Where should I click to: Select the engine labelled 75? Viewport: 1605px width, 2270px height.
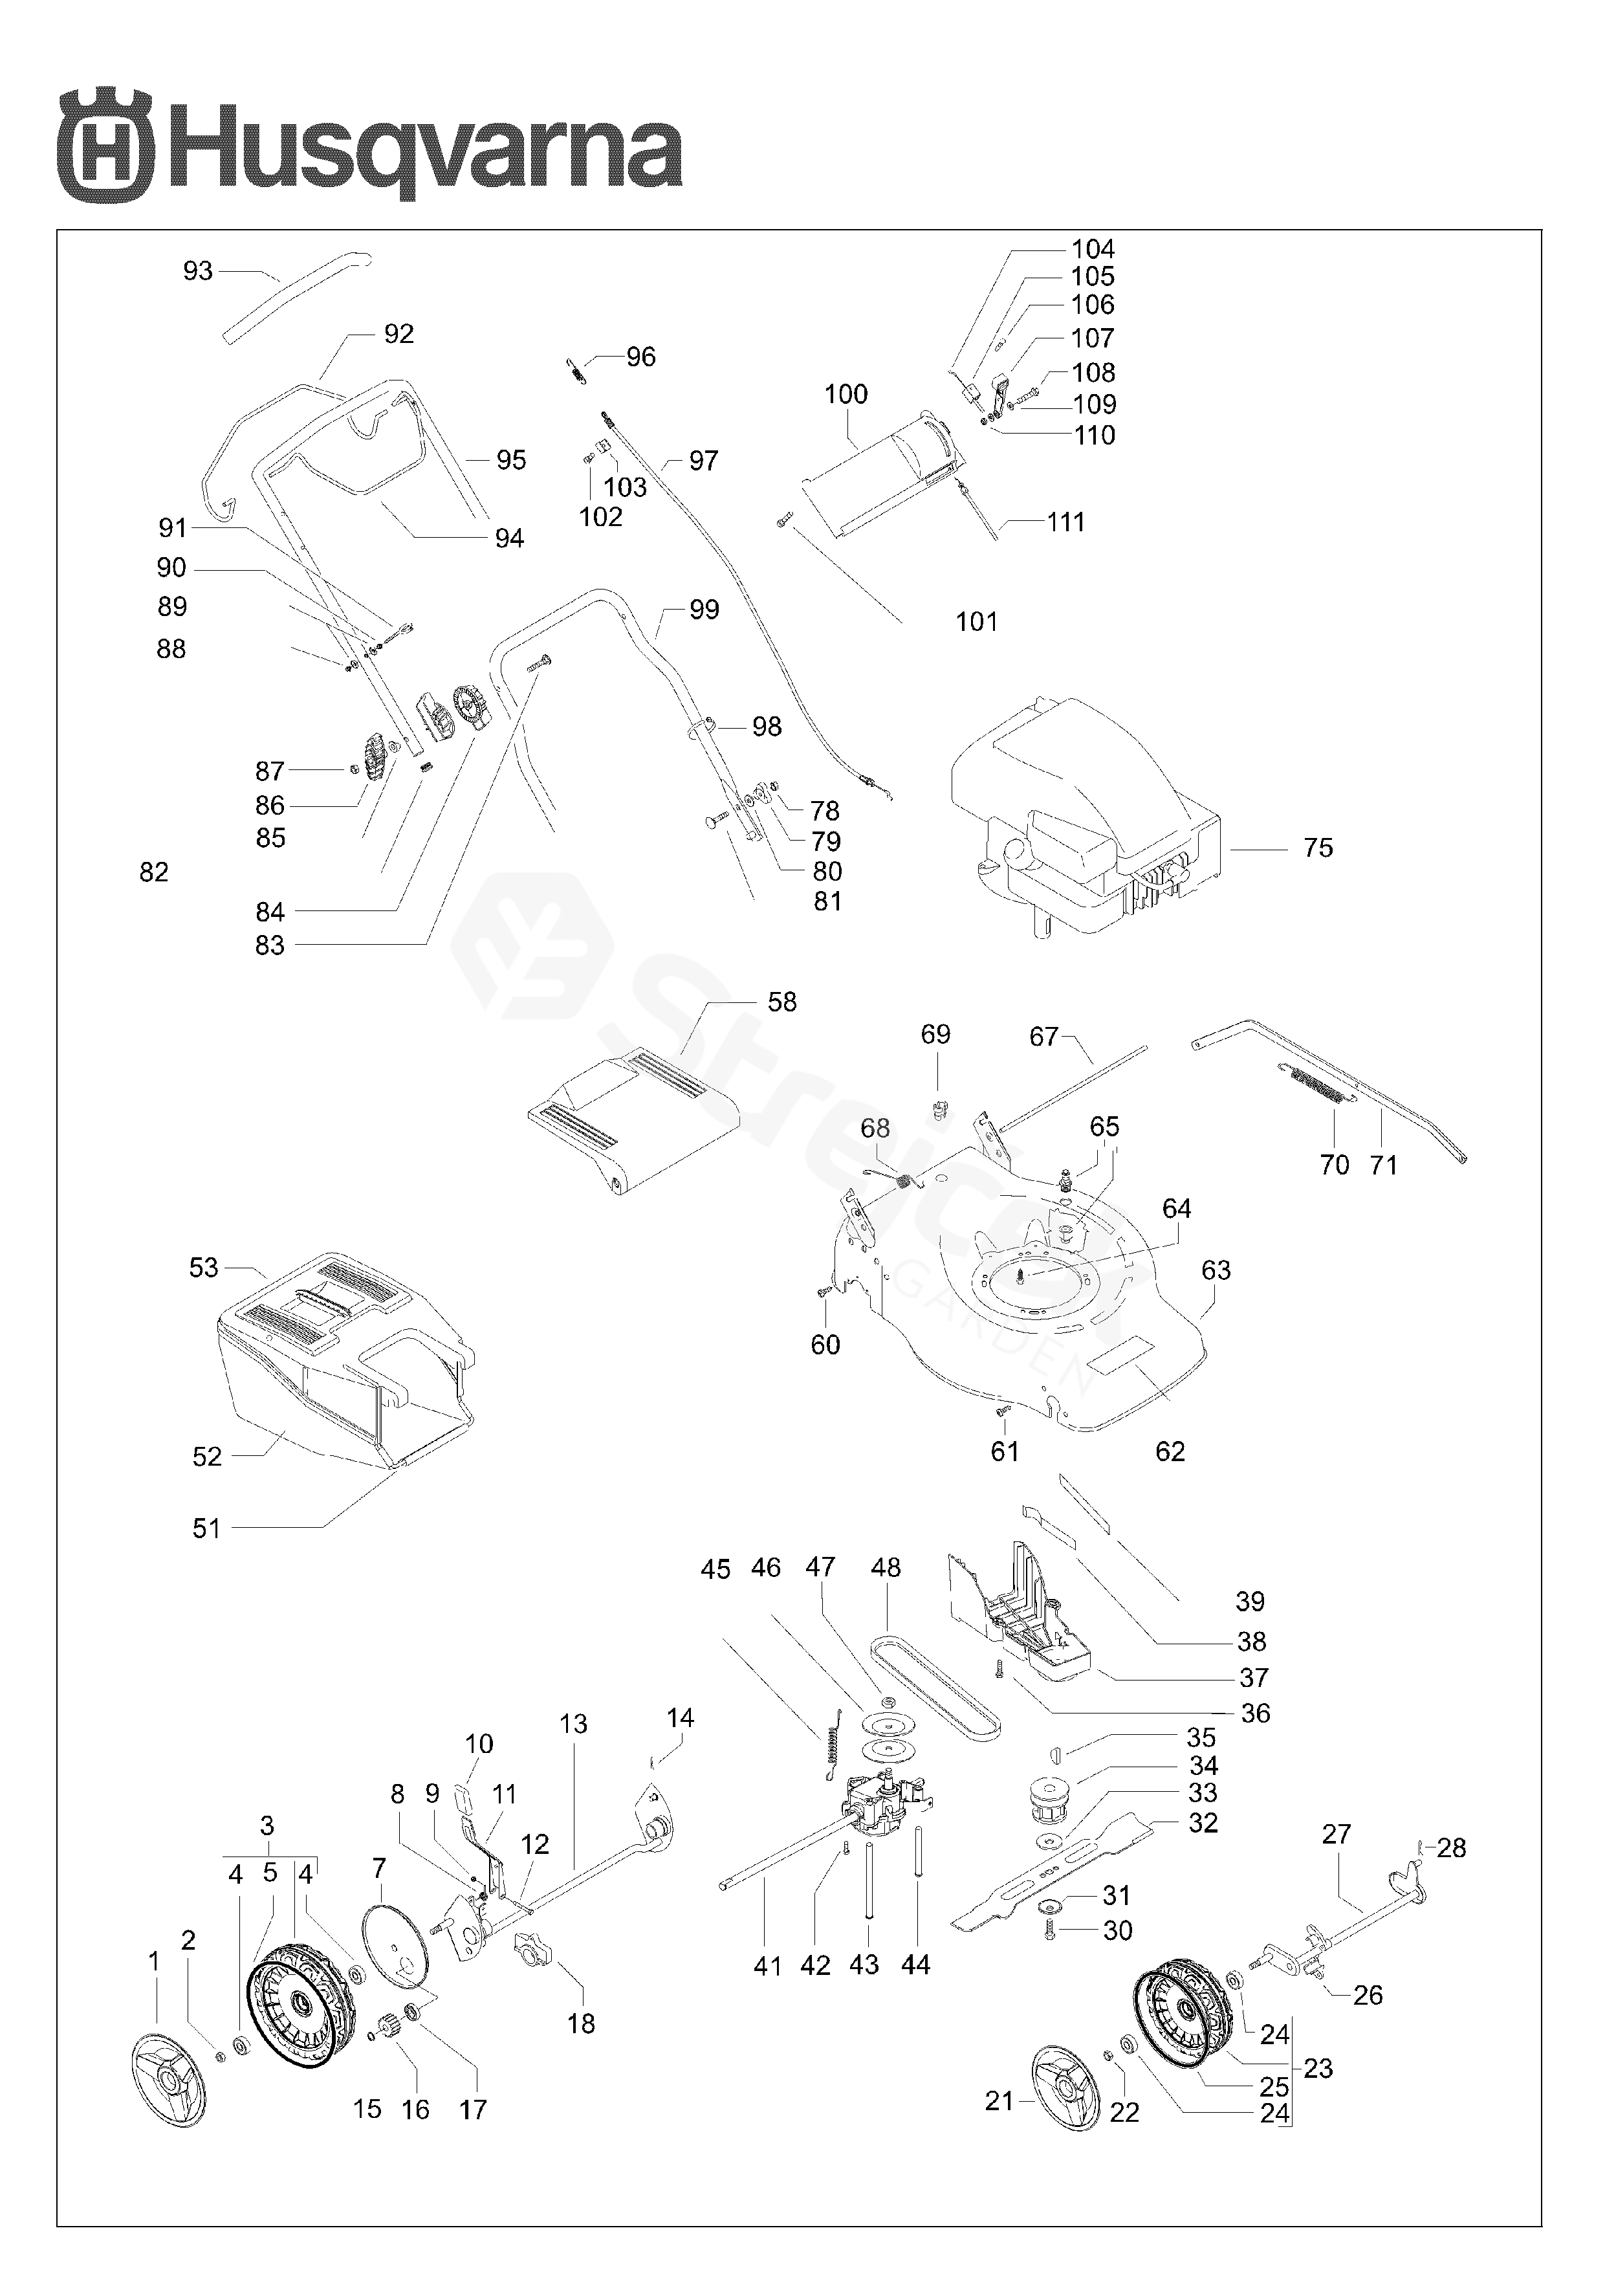[1085, 815]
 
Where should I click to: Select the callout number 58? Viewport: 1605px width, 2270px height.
[781, 1002]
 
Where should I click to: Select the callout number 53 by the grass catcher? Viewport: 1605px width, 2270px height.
[204, 1268]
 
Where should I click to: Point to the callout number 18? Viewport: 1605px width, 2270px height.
[581, 2024]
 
